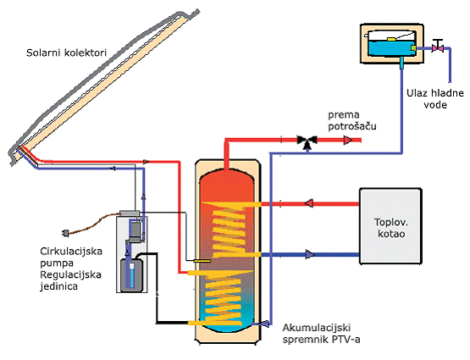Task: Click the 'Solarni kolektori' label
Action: [66, 53]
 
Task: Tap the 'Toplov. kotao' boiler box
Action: [390, 226]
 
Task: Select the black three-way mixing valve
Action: [307, 141]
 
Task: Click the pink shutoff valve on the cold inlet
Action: [438, 47]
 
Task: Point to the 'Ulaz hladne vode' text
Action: [435, 98]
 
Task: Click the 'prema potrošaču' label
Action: [352, 120]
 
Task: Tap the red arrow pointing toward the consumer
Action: [348, 140]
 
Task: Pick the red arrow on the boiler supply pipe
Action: [309, 203]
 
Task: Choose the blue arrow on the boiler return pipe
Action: [310, 254]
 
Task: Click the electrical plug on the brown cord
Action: [65, 233]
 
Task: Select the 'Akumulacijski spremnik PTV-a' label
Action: [321, 334]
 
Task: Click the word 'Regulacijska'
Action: [70, 274]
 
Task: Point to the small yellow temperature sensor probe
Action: [202, 261]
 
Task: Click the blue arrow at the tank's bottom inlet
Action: [265, 323]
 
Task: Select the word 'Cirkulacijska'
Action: [71, 251]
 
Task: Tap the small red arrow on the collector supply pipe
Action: [146, 162]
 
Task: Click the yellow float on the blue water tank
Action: [391, 39]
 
